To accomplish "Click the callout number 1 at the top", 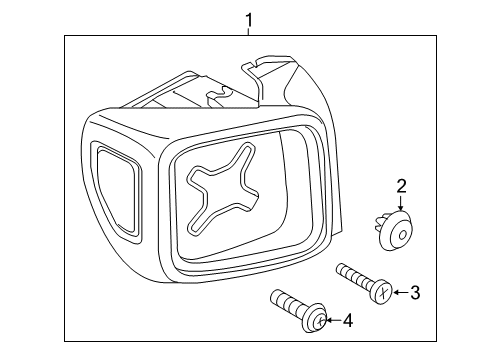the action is (249, 19).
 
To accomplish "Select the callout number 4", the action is (347, 321).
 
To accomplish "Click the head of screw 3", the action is (380, 290).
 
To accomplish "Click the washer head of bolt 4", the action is (315, 319).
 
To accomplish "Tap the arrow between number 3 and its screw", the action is (397, 292).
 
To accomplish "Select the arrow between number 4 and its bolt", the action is (333, 321).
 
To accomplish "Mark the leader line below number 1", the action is (249, 32).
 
